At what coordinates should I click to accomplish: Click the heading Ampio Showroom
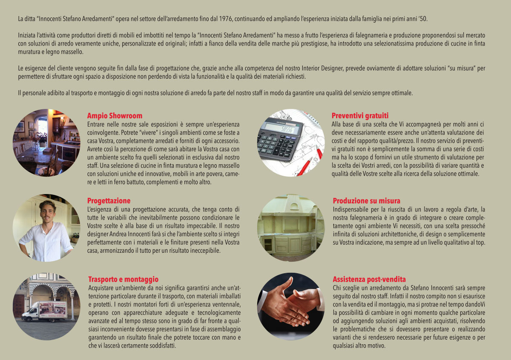point(115,116)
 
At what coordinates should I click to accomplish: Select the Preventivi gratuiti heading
point(360,116)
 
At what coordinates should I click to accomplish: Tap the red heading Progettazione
point(109,200)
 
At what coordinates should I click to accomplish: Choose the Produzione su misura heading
point(366,200)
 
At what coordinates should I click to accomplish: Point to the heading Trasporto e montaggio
point(123,280)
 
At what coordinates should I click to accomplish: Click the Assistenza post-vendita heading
point(369,280)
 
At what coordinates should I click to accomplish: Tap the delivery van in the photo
point(44,311)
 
